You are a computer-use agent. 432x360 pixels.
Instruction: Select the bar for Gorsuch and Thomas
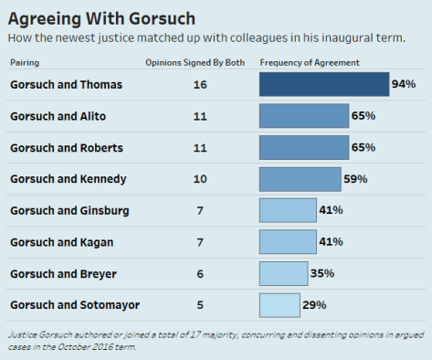tap(324, 84)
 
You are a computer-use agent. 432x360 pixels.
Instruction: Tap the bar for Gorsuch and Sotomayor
tap(279, 304)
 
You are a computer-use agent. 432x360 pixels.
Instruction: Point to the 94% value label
tap(404, 84)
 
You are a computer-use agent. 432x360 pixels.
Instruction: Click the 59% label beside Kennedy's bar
tap(355, 179)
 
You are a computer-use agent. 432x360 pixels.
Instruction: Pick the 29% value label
tap(314, 304)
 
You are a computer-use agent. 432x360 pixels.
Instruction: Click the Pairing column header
tap(26, 62)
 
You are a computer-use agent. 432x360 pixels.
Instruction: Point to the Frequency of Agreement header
tap(310, 62)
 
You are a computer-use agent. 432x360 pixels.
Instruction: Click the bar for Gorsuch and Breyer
tap(283, 273)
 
